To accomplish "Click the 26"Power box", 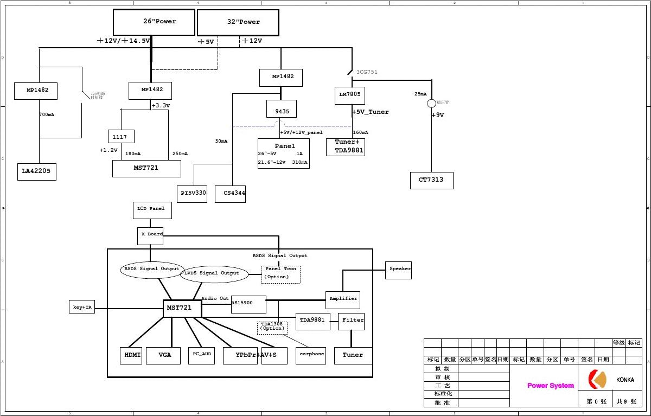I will coord(154,22).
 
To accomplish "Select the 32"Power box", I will coord(238,23).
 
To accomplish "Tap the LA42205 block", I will coord(36,171).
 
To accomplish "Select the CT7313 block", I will coord(431,180).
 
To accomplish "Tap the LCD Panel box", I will coord(152,210).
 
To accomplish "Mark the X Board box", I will coord(150,235).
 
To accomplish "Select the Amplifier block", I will coord(343,299).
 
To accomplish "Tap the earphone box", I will coord(311,355).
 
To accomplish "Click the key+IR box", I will coord(82,307).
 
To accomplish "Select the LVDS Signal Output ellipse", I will coord(213,274).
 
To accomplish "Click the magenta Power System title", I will coord(550,386).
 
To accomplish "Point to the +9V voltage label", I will coord(438,115).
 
